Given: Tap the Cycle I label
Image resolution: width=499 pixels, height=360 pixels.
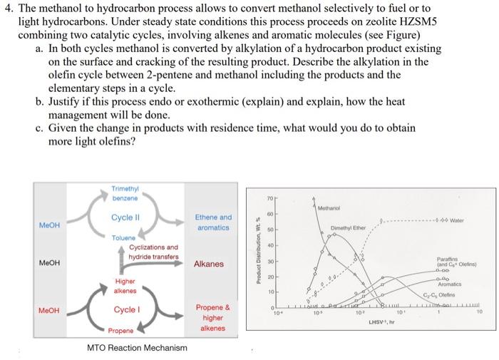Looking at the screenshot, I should [125, 309].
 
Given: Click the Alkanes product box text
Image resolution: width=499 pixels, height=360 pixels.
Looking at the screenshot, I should [208, 264].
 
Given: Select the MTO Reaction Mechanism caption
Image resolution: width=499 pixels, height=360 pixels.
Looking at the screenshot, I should [138, 348].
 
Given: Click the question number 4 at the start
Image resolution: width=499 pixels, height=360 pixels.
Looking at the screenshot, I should [10, 10].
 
